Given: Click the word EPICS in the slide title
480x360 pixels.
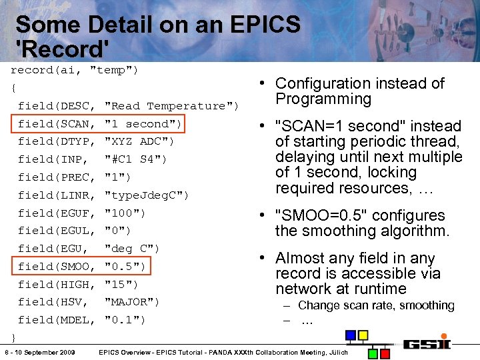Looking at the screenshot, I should click(265, 25).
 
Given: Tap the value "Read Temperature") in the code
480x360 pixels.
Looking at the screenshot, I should click(172, 106).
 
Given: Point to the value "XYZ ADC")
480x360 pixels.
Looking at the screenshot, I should click(139, 141).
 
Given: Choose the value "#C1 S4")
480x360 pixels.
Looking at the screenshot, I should click(136, 159).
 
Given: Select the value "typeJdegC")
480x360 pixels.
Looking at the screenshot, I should click(147, 195).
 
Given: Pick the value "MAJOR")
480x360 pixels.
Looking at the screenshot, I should click(132, 302).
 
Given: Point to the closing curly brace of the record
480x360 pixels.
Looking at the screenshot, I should click(13, 335).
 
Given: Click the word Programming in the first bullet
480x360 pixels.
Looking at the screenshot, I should click(323, 99).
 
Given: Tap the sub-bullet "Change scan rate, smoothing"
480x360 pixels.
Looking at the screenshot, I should click(376, 305).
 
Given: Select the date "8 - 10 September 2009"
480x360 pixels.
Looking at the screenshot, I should click(39, 352).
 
